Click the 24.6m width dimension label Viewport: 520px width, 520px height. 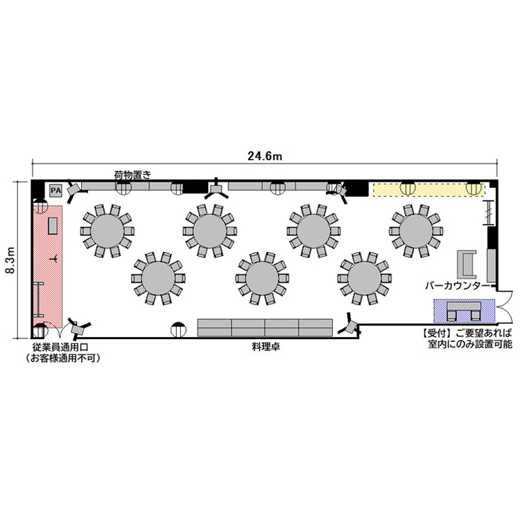tap(265, 156)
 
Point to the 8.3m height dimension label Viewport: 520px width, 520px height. tap(10, 260)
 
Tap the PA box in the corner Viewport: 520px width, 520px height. tap(55, 191)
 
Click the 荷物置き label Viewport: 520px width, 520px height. tap(132, 175)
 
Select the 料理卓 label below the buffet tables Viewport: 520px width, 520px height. tap(266, 347)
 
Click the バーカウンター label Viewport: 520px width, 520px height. tap(458, 286)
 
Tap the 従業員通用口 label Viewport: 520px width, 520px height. tap(60, 347)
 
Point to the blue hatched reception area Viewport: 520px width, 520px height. tap(464, 311)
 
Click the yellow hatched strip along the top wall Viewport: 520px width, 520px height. tap(429, 190)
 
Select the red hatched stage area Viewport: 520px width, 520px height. tap(47, 266)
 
